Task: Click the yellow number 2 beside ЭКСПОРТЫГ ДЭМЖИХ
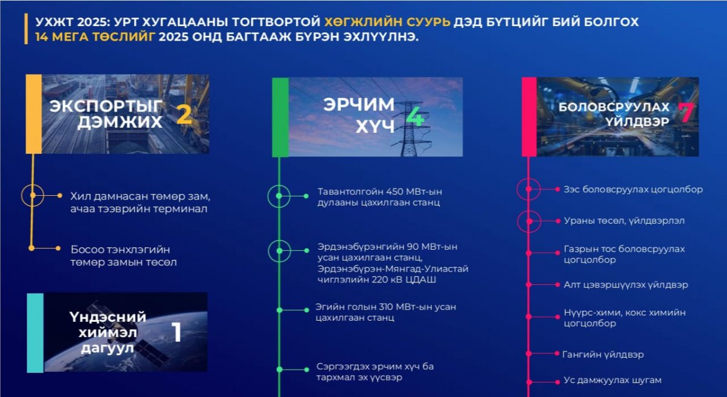[x=184, y=115]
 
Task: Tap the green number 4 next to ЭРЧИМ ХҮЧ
[x=415, y=117]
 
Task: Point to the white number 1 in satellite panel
[x=176, y=332]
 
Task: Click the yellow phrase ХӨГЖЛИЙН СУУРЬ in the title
[x=387, y=22]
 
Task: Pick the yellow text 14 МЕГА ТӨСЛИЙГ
[x=95, y=37]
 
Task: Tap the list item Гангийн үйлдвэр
[x=603, y=354]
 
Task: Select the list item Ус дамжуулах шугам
[x=612, y=380]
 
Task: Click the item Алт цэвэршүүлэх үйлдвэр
[x=626, y=285]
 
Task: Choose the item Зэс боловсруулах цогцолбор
[x=633, y=189]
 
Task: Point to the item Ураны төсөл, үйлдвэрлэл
[x=624, y=221]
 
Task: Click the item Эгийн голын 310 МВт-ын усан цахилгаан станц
[x=386, y=312]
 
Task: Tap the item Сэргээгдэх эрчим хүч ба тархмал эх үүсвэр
[x=375, y=372]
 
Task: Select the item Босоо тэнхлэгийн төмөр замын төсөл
[x=124, y=256]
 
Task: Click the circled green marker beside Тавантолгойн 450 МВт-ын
[x=279, y=196]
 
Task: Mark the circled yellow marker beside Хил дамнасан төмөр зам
[x=33, y=195]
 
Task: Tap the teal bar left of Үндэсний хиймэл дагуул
[x=35, y=333]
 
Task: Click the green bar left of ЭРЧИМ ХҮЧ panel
[x=281, y=117]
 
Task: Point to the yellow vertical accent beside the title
[x=26, y=28]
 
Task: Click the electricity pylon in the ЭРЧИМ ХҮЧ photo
[x=411, y=129]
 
